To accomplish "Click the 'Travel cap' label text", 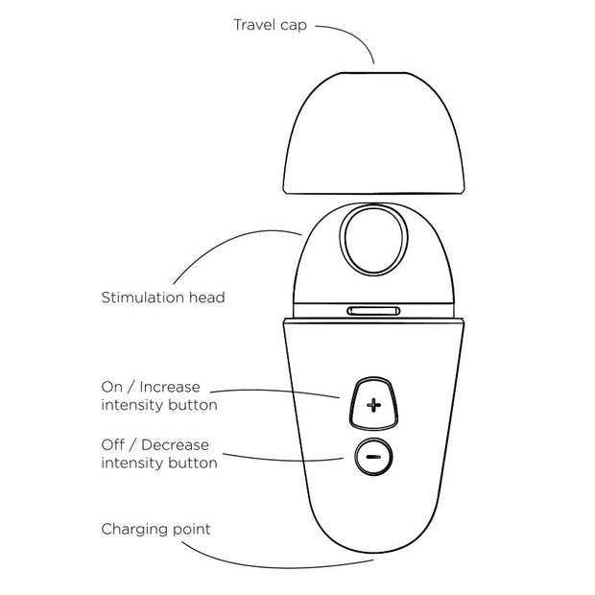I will tap(270, 23).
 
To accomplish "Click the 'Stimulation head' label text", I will tap(163, 297).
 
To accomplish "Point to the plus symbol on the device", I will tap(373, 407).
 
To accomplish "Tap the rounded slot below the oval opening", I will tap(373, 311).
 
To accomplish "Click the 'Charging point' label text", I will tap(155, 529).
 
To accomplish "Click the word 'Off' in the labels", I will tap(113, 445).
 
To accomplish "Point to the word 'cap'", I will tap(293, 23).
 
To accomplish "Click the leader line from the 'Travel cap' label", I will tap(356, 38).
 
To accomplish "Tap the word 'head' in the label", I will tap(208, 297).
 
